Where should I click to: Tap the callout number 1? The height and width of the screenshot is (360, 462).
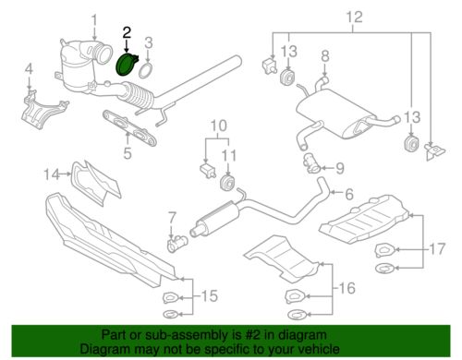click(x=93, y=20)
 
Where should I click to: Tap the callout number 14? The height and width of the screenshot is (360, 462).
click(x=54, y=172)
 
